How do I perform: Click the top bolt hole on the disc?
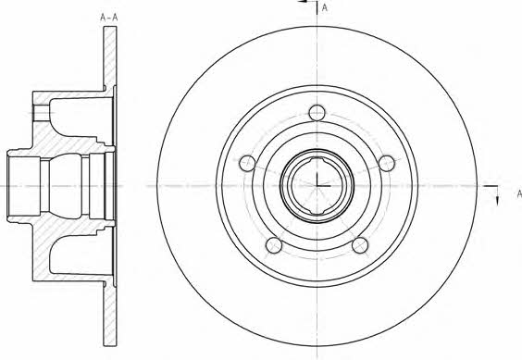317,113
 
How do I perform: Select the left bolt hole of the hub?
247,163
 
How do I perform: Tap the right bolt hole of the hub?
387,163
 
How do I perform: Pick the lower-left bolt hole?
274,245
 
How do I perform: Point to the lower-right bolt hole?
360,245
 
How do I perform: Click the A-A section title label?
109,18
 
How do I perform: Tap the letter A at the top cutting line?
325,7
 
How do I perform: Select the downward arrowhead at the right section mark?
497,201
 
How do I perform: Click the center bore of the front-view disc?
317,186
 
